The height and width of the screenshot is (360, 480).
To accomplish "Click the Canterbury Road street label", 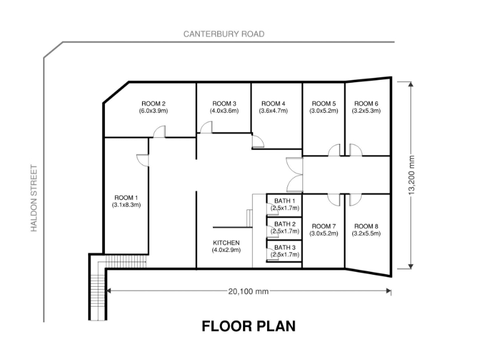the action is (224, 34).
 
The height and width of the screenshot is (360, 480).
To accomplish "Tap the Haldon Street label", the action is (34, 199).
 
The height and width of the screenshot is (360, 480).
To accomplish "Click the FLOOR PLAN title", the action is (248, 326).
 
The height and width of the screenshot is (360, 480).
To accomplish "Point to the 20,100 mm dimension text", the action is (248, 291).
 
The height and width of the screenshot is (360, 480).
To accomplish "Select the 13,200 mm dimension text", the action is (411, 175).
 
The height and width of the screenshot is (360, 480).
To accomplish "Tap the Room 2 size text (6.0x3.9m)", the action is (154, 111).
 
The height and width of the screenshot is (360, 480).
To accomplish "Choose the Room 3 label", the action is (224, 104).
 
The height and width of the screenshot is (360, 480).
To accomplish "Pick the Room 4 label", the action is (274, 104).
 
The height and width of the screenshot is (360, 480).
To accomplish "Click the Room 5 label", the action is (323, 104).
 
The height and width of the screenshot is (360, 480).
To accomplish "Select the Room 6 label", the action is (366, 104).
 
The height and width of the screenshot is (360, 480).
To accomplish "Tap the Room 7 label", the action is (323, 226).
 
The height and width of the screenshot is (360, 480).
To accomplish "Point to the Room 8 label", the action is (366, 226).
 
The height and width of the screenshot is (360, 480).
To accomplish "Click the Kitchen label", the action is (226, 243).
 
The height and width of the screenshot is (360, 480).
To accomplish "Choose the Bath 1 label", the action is (284, 201).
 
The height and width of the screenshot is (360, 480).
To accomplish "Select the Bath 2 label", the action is (284, 224).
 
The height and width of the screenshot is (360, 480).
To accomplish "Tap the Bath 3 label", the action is (284, 247).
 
